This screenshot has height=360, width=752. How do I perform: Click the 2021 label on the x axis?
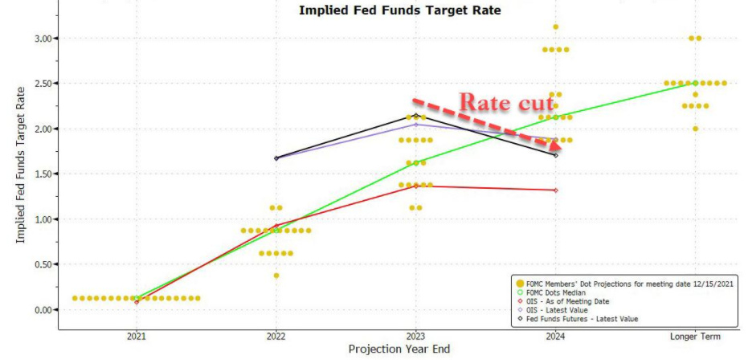point(137,337)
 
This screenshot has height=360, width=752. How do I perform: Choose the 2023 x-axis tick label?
point(415,337)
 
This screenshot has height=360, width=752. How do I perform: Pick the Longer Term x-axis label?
point(694,337)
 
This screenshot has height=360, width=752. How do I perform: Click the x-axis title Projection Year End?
point(398,350)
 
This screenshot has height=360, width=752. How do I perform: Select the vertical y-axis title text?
point(18,174)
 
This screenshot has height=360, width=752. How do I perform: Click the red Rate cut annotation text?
point(505,103)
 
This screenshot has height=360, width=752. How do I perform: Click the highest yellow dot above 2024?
point(555,27)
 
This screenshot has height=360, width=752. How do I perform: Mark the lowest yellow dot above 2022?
point(276,276)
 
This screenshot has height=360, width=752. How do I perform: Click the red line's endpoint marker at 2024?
point(555,190)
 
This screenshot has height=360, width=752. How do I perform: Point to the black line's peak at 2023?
point(415,117)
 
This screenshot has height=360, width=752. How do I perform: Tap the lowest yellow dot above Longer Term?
point(695,129)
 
